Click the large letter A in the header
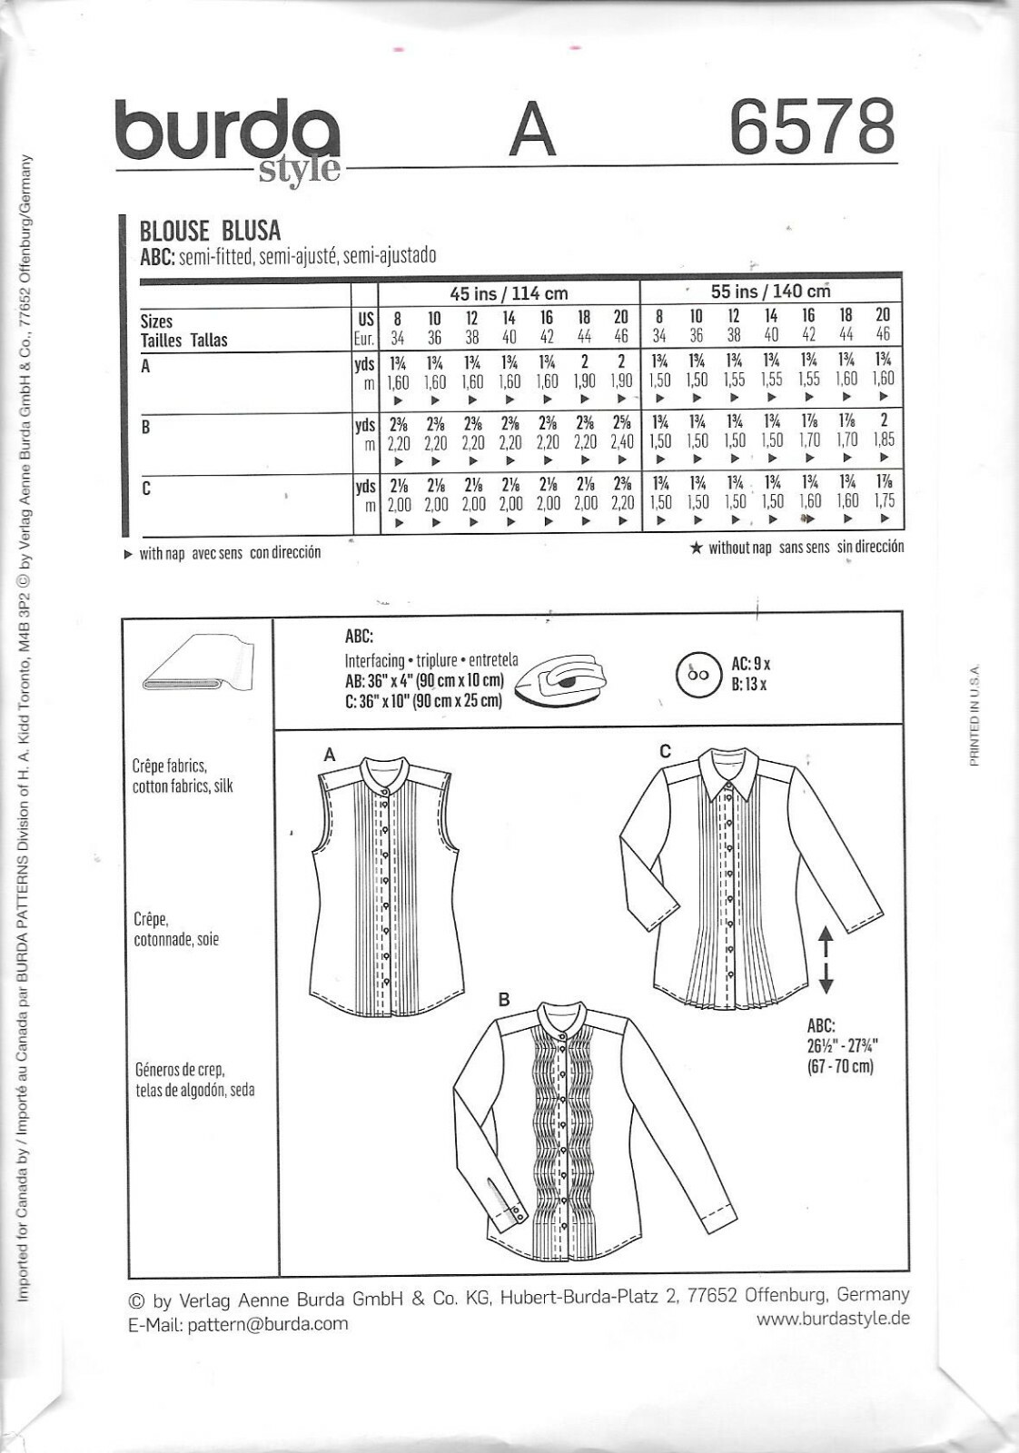point(531,130)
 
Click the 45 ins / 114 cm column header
point(509,292)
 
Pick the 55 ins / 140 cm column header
point(770,292)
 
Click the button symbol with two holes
point(697,675)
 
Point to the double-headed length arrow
point(826,959)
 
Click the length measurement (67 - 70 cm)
point(840,1065)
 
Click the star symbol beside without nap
point(697,549)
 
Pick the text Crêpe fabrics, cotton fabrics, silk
point(183,776)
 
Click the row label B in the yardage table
point(145,427)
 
